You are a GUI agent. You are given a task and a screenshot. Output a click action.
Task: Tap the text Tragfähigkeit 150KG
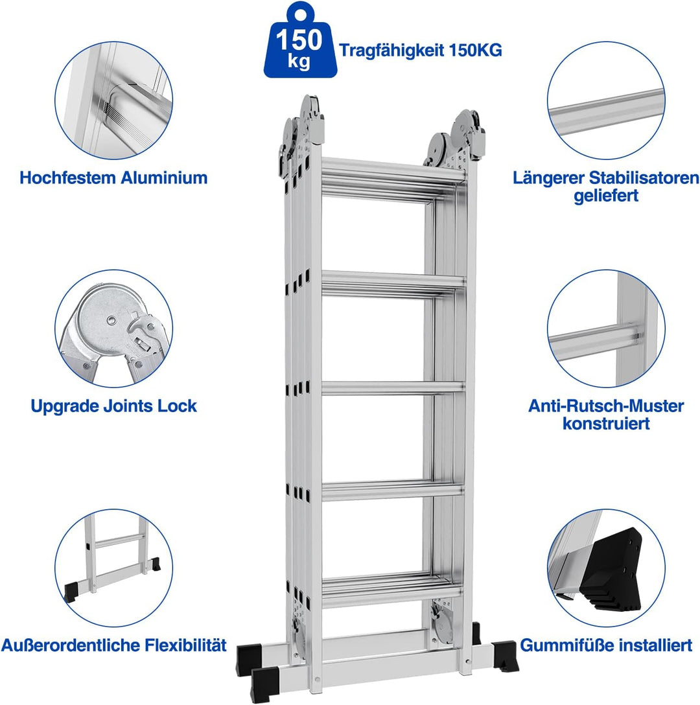[x=420, y=50]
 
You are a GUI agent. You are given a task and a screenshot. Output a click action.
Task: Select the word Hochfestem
[x=67, y=178]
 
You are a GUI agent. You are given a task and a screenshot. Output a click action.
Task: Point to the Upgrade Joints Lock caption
[x=113, y=406]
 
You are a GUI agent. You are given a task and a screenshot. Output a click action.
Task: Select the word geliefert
[x=606, y=196]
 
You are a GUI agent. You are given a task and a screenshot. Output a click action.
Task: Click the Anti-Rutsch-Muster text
[x=606, y=406]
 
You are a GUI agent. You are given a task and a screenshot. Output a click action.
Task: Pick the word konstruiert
[x=606, y=424]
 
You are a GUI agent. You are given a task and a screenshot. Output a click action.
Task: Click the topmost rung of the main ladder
[x=392, y=170]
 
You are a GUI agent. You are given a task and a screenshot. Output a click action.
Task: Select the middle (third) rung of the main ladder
[x=392, y=388]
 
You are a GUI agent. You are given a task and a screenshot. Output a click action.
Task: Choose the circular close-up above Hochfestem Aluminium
[x=114, y=100]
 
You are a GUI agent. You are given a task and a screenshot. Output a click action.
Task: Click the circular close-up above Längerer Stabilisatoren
[x=606, y=100]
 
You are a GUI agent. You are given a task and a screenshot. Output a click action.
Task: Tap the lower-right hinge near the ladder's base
[x=442, y=623]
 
